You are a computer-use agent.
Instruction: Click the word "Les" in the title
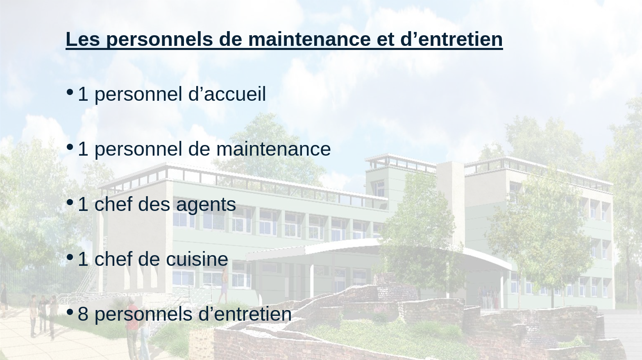point(83,39)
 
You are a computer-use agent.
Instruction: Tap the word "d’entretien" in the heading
point(451,39)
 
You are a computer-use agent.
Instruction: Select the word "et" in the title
point(386,39)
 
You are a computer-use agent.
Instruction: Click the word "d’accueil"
point(227,94)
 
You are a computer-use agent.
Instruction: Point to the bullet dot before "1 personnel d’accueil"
point(70,92)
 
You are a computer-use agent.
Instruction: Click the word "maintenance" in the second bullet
point(273,149)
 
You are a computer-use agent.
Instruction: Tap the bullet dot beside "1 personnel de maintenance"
point(70,147)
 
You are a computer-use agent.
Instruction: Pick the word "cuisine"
point(197,259)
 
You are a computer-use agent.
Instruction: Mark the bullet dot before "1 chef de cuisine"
point(70,257)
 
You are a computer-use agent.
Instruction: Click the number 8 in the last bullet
point(83,314)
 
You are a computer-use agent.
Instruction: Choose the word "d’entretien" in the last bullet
point(245,314)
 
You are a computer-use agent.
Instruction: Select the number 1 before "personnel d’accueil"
point(83,94)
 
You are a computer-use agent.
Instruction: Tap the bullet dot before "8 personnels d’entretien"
point(70,312)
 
